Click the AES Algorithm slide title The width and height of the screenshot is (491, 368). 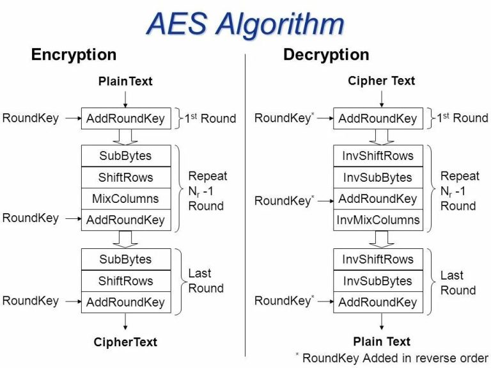[245, 24]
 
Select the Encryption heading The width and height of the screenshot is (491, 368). [74, 55]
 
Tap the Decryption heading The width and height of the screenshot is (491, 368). [326, 55]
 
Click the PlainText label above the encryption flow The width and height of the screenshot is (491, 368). [125, 81]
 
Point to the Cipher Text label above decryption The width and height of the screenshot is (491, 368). [381, 81]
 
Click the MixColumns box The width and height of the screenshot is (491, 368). [125, 198]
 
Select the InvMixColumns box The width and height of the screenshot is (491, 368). [378, 220]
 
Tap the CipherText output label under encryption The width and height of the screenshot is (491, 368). [125, 342]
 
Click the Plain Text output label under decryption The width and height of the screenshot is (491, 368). [382, 341]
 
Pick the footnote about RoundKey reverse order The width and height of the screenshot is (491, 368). [391, 358]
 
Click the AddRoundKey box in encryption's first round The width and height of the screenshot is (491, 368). [125, 118]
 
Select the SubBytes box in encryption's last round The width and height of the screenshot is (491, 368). [125, 259]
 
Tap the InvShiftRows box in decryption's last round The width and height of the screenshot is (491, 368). [378, 259]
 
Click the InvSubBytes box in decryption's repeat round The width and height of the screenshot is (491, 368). [378, 177]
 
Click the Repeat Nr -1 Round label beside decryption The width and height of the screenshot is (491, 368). [458, 191]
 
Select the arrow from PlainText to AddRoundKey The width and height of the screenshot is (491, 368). [125, 98]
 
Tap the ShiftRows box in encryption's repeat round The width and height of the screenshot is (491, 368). [125, 177]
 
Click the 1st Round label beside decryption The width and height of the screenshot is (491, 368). [462, 118]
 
